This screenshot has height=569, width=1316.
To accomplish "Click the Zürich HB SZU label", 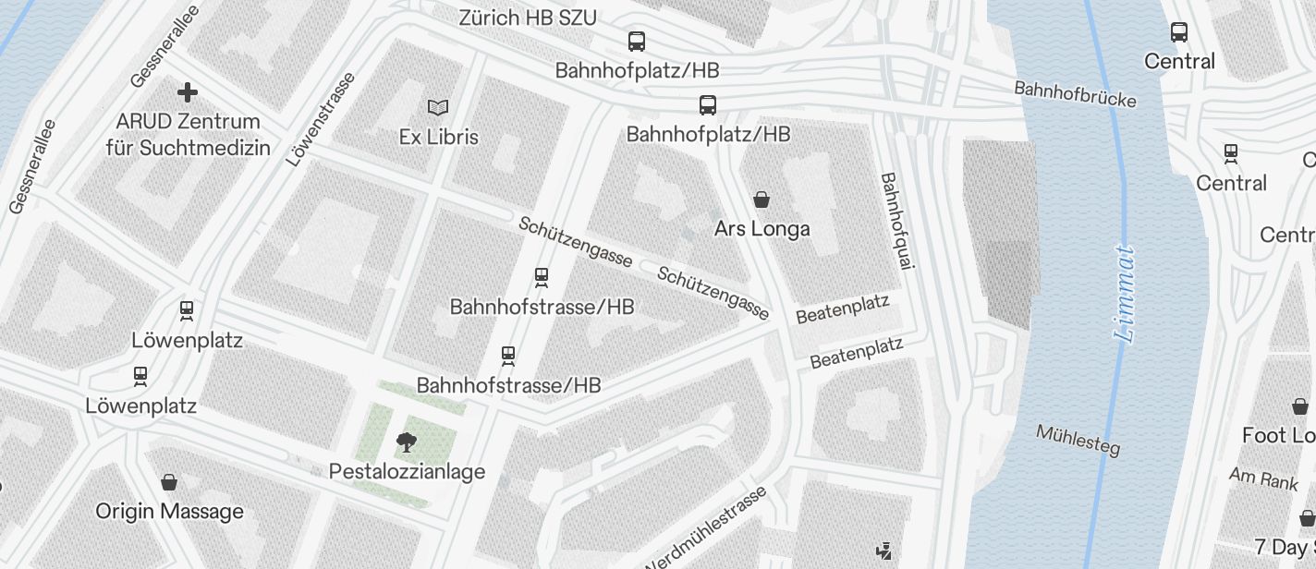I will (x=528, y=18).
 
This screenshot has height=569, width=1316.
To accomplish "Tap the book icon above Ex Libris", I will (x=438, y=108).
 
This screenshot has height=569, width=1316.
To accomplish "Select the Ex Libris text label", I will (x=438, y=137).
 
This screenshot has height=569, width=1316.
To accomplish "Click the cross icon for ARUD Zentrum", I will (x=188, y=92).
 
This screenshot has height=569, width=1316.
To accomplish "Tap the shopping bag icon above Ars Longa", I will (x=762, y=199).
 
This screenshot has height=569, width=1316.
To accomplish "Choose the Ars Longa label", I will (x=762, y=228).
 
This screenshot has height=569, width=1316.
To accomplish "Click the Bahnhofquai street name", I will (x=896, y=221).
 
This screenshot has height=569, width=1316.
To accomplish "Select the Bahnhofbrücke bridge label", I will (x=1075, y=94).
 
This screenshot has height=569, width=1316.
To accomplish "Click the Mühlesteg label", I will (x=1078, y=441).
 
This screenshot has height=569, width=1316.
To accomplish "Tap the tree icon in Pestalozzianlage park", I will (x=406, y=442).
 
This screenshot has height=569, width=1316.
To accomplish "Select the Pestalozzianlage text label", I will (x=407, y=472).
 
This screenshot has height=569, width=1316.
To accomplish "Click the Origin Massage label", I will (x=169, y=511).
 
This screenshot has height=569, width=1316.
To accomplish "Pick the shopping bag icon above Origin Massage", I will (x=169, y=481).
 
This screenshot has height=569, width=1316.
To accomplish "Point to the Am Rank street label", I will (x=1263, y=478).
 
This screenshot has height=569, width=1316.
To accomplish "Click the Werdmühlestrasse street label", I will (x=707, y=530).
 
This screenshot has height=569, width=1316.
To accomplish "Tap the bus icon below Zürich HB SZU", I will (x=637, y=42).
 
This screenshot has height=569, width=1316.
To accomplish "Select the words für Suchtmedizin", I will (x=188, y=148).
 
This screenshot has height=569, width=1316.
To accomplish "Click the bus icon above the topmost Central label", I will (x=1179, y=32).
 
